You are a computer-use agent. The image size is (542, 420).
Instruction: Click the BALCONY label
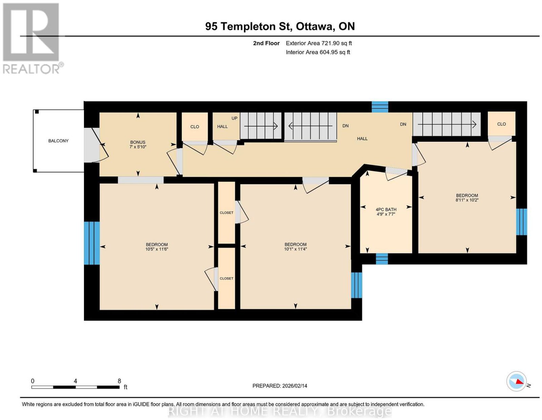(x=58, y=141)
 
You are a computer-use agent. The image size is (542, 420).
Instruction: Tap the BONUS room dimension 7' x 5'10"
(x=138, y=147)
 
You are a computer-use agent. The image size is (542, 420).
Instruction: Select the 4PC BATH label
(x=386, y=209)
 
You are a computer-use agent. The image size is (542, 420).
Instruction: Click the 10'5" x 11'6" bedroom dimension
(x=157, y=249)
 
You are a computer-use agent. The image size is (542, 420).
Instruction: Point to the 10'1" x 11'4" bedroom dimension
(x=295, y=249)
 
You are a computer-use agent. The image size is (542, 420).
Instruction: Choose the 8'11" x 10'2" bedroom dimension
(x=467, y=200)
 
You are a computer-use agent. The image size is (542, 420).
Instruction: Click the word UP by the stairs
(x=234, y=118)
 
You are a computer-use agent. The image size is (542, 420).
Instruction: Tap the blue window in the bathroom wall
(x=382, y=259)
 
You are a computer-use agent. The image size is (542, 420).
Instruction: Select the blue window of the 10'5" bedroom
(x=92, y=243)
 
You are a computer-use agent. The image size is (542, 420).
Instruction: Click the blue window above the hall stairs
(x=380, y=107)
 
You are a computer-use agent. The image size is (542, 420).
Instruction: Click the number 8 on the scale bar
(x=119, y=381)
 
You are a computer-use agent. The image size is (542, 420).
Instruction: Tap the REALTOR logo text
(x=32, y=69)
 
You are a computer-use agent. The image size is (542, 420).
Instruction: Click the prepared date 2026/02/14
(x=295, y=386)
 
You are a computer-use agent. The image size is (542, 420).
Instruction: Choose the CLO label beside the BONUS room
(x=194, y=127)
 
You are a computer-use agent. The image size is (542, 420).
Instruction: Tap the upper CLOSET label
(x=227, y=213)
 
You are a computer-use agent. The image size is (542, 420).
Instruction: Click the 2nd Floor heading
(x=266, y=43)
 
